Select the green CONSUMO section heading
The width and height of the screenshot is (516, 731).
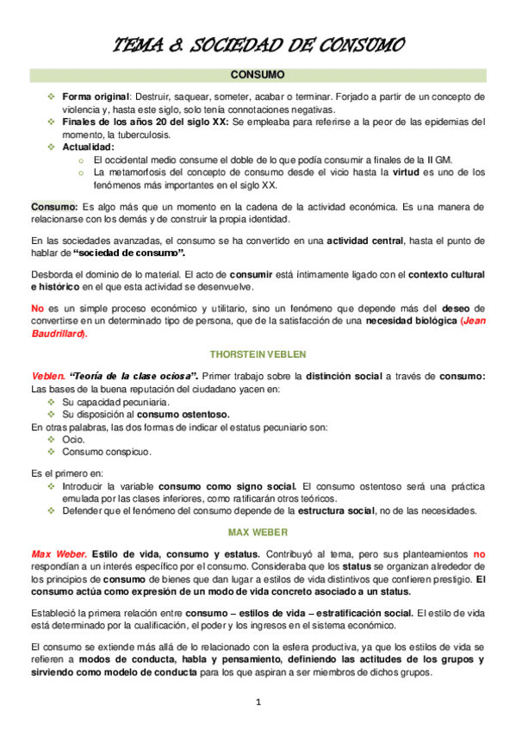[x=258, y=76]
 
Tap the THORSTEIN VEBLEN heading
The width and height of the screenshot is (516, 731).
[x=258, y=354]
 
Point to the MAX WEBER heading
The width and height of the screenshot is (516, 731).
[x=258, y=531]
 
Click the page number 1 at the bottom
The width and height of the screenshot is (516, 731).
[x=258, y=702]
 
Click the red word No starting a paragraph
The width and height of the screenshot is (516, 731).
[x=38, y=309]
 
